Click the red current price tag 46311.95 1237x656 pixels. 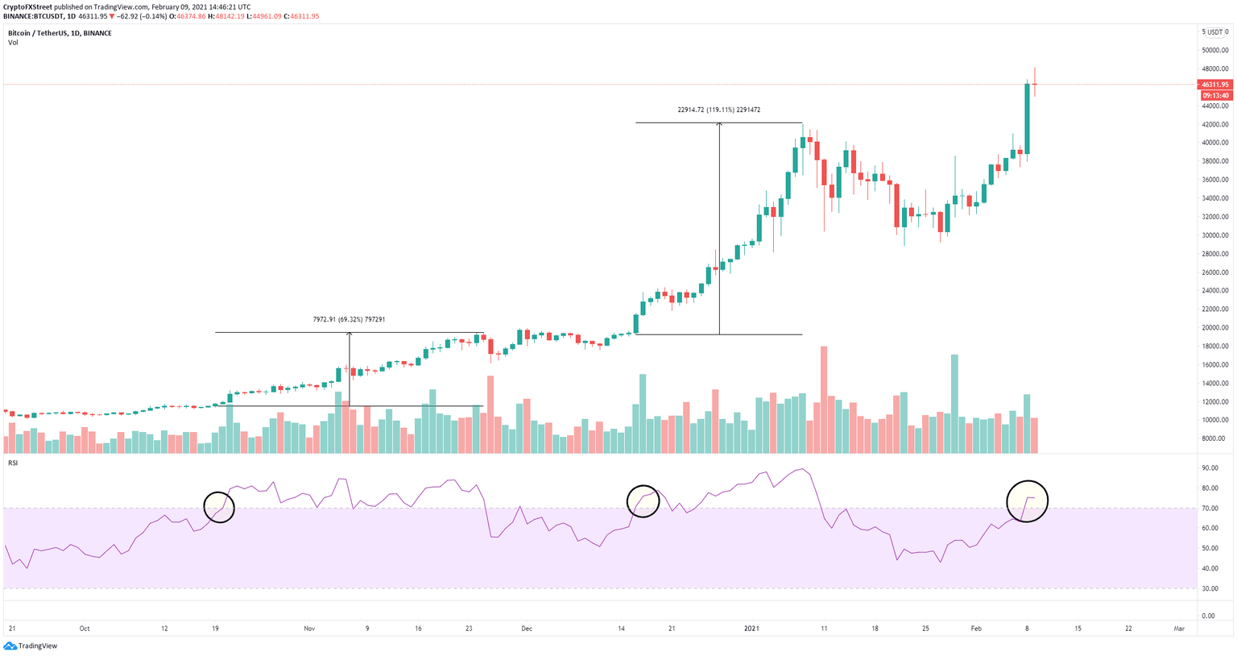(1214, 85)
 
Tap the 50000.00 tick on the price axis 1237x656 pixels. (1214, 50)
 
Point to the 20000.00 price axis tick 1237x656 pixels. (1214, 328)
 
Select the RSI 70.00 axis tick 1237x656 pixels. (1208, 509)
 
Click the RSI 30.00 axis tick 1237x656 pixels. (1208, 589)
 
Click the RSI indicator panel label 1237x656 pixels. (13, 463)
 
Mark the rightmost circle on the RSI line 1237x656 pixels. (1027, 500)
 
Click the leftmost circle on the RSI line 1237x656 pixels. (219, 507)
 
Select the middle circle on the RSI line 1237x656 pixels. (643, 500)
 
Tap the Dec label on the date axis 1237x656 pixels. (527, 628)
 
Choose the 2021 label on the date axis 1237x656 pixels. (751, 628)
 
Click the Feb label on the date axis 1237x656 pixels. (976, 628)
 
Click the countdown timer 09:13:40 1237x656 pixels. (1214, 95)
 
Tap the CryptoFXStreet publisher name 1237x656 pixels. (28, 6)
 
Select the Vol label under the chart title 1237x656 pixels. (13, 43)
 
